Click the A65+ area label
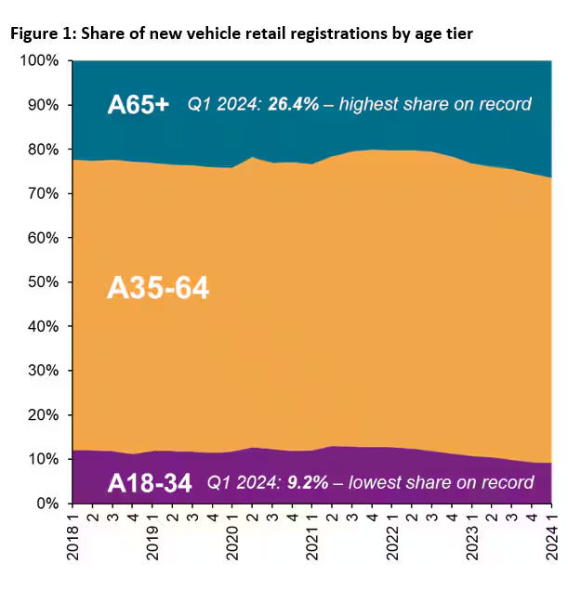[x=139, y=104]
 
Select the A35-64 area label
[x=158, y=289]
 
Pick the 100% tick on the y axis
[x=40, y=61]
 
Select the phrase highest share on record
[x=436, y=104]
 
